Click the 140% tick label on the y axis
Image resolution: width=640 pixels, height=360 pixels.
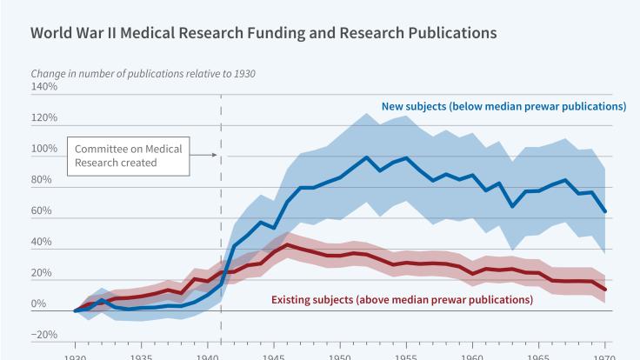tap(44, 87)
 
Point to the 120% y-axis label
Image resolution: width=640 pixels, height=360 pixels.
tap(44, 118)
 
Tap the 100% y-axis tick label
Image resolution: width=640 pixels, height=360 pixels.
tap(44, 150)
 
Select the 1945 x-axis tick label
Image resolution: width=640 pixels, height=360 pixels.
tap(273, 356)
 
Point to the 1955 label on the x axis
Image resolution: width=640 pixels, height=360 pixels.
tap(406, 356)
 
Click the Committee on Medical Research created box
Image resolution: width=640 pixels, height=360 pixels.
tap(128, 156)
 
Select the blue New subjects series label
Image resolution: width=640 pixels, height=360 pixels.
tap(503, 107)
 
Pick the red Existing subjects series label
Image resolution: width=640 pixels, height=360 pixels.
tap(402, 300)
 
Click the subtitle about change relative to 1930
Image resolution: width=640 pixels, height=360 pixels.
tap(143, 73)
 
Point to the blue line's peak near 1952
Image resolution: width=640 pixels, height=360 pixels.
tap(367, 157)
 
